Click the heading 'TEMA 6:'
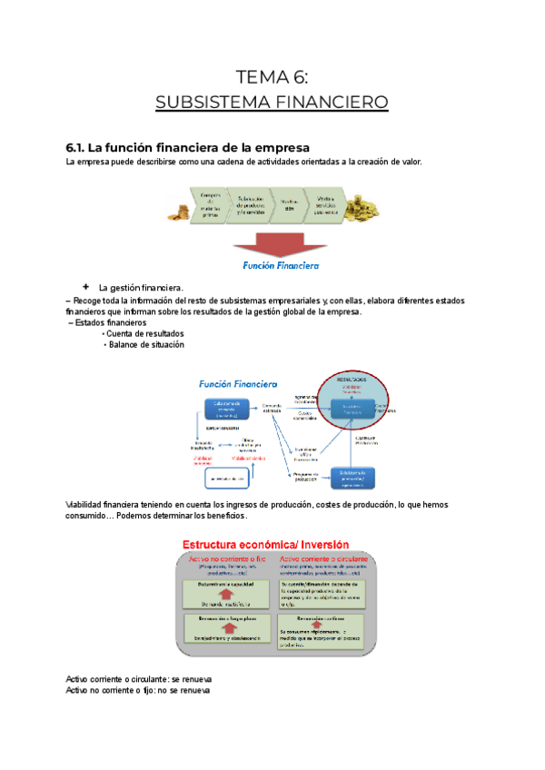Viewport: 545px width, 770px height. click(x=272, y=76)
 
